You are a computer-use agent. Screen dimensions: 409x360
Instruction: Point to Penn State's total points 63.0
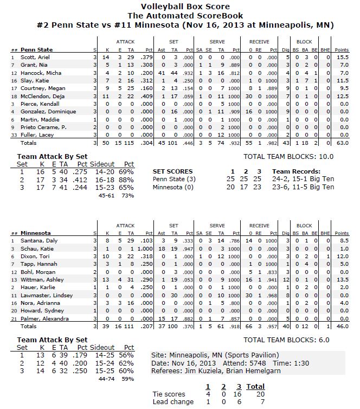point(342,143)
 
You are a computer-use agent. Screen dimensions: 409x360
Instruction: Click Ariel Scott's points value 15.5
point(342,57)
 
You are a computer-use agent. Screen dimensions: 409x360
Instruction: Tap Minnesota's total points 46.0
point(342,326)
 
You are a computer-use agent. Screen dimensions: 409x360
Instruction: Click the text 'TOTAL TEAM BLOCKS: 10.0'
point(289,156)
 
